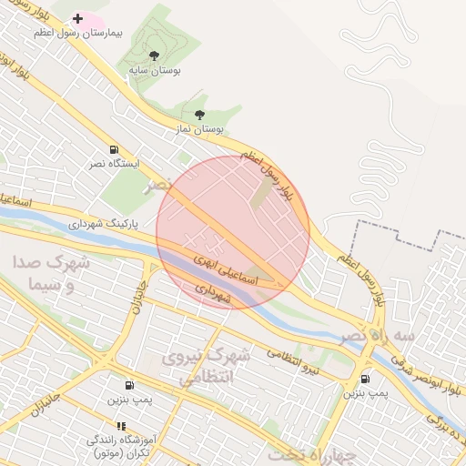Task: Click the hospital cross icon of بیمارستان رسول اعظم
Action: pyautogui.click(x=77, y=18)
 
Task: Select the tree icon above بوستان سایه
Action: pyautogui.click(x=153, y=56)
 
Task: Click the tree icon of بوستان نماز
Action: pyautogui.click(x=199, y=115)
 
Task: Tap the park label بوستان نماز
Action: pyautogui.click(x=200, y=130)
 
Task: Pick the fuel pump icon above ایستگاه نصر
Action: pyautogui.click(x=114, y=149)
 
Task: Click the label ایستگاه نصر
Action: pyautogui.click(x=114, y=164)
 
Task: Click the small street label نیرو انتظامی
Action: pyautogui.click(x=294, y=362)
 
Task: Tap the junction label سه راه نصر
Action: pyautogui.click(x=378, y=336)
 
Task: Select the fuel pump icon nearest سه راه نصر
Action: pyautogui.click(x=366, y=379)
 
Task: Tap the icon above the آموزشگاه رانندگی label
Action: pyautogui.click(x=120, y=425)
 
